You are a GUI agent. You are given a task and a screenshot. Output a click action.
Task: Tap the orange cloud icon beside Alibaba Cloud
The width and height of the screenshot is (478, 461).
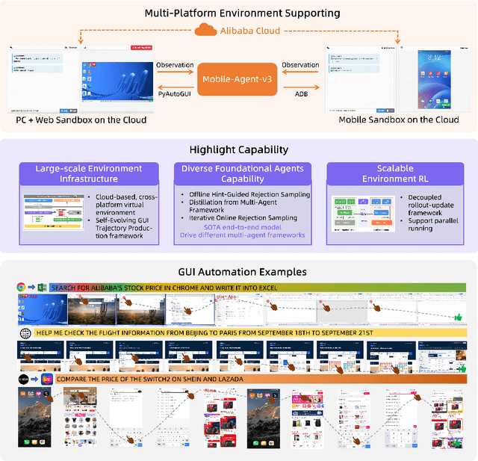tap(203, 31)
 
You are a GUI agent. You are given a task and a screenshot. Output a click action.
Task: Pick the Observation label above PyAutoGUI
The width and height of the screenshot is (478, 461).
tap(176, 66)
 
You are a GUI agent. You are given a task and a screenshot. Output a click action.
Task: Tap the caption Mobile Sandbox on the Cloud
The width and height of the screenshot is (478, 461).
tap(399, 120)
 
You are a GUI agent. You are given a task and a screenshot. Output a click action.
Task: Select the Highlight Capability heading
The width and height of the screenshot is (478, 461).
tap(238, 149)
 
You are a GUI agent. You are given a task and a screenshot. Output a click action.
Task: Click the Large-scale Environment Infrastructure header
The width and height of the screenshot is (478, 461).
tap(88, 173)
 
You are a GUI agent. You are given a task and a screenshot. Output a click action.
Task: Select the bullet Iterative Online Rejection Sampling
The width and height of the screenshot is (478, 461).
tap(242, 217)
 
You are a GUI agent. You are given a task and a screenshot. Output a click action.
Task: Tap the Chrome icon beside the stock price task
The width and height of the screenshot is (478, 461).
tap(21, 288)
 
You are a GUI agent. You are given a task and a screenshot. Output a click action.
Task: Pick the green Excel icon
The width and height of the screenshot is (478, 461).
tap(43, 288)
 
